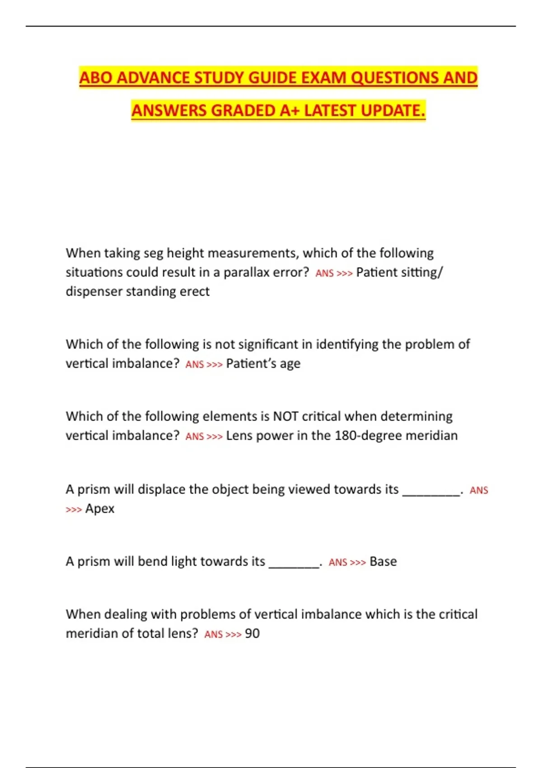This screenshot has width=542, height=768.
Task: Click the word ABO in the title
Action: coord(96,78)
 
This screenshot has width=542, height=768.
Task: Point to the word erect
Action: coord(195,291)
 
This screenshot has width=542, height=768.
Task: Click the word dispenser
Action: coord(93,291)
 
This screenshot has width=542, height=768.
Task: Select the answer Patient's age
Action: coord(263,364)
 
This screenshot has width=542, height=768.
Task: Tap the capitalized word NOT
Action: coord(285,416)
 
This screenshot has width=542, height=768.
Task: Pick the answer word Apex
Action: coord(100,509)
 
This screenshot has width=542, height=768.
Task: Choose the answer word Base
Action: coord(383,562)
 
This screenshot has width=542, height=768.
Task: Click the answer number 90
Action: coord(252,633)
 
